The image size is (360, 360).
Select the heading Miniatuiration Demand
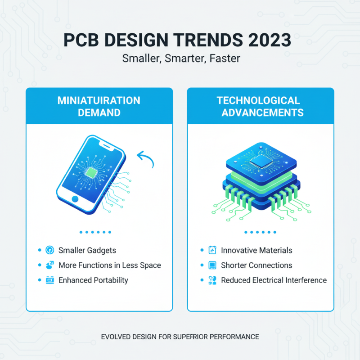(99, 106)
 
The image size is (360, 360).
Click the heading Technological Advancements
(260, 106)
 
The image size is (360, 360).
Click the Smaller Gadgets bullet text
(87, 250)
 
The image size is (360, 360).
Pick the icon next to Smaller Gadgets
(50, 250)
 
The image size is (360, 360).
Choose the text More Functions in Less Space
(110, 265)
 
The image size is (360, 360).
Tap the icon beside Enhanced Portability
(50, 280)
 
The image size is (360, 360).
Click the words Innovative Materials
(256, 250)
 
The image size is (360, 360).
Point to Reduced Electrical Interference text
(274, 280)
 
